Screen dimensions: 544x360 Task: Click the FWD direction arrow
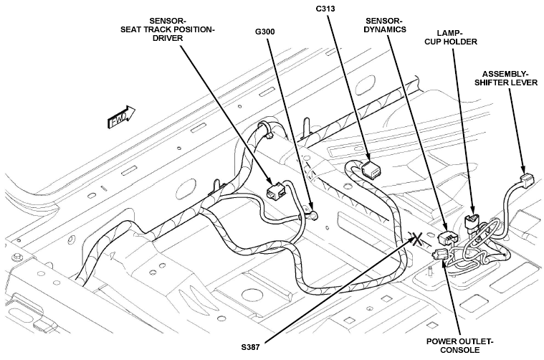(121, 118)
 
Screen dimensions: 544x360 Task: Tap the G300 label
(265, 32)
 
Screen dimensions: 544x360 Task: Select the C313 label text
(325, 9)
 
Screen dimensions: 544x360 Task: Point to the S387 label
(250, 347)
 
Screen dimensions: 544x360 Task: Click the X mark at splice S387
(417, 240)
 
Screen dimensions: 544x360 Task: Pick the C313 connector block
(371, 169)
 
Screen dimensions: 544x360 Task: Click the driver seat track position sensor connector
(276, 191)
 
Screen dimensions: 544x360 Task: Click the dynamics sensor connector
(448, 239)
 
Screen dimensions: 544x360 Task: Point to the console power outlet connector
(440, 255)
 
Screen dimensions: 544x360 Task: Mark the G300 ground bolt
(313, 216)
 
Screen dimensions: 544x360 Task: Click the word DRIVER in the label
(168, 38)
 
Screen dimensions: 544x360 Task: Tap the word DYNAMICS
(385, 29)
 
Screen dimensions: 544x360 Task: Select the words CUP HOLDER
(451, 42)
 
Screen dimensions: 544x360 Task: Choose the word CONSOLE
(460, 349)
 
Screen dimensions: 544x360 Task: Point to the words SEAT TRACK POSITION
(168, 29)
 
